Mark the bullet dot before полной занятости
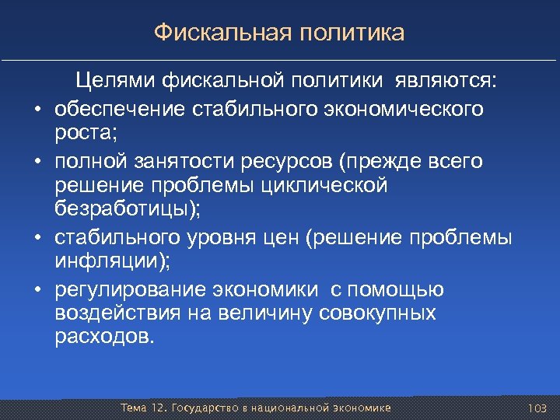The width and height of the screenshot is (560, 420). tap(37, 161)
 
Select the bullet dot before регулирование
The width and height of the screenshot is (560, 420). tap(37, 291)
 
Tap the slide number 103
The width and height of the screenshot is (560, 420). tap(537, 408)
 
